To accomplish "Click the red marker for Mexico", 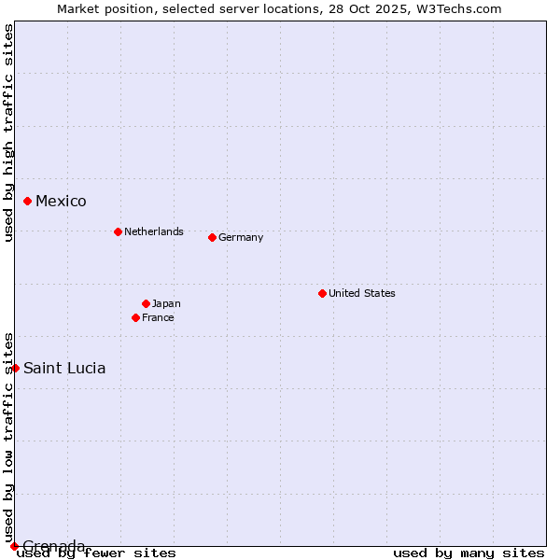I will click(28, 201).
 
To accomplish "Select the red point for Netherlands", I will click(118, 231).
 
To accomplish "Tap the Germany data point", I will click(212, 237).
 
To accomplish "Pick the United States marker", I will click(322, 293).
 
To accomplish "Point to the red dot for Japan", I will click(146, 303).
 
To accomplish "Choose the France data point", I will click(136, 317).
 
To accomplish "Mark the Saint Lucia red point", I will click(15, 368).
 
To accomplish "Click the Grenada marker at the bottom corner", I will click(14, 546).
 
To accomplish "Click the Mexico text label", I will click(61, 202).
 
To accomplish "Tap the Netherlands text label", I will click(154, 231).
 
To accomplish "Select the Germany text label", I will click(241, 237).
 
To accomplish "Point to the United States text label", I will click(362, 293).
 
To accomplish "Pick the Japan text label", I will click(166, 303).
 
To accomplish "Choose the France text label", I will click(158, 317).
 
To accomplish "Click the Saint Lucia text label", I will click(64, 368).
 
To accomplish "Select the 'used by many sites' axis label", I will click(469, 553).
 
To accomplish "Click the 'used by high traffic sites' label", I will click(8, 133).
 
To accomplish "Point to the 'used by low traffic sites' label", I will click(8, 437).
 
